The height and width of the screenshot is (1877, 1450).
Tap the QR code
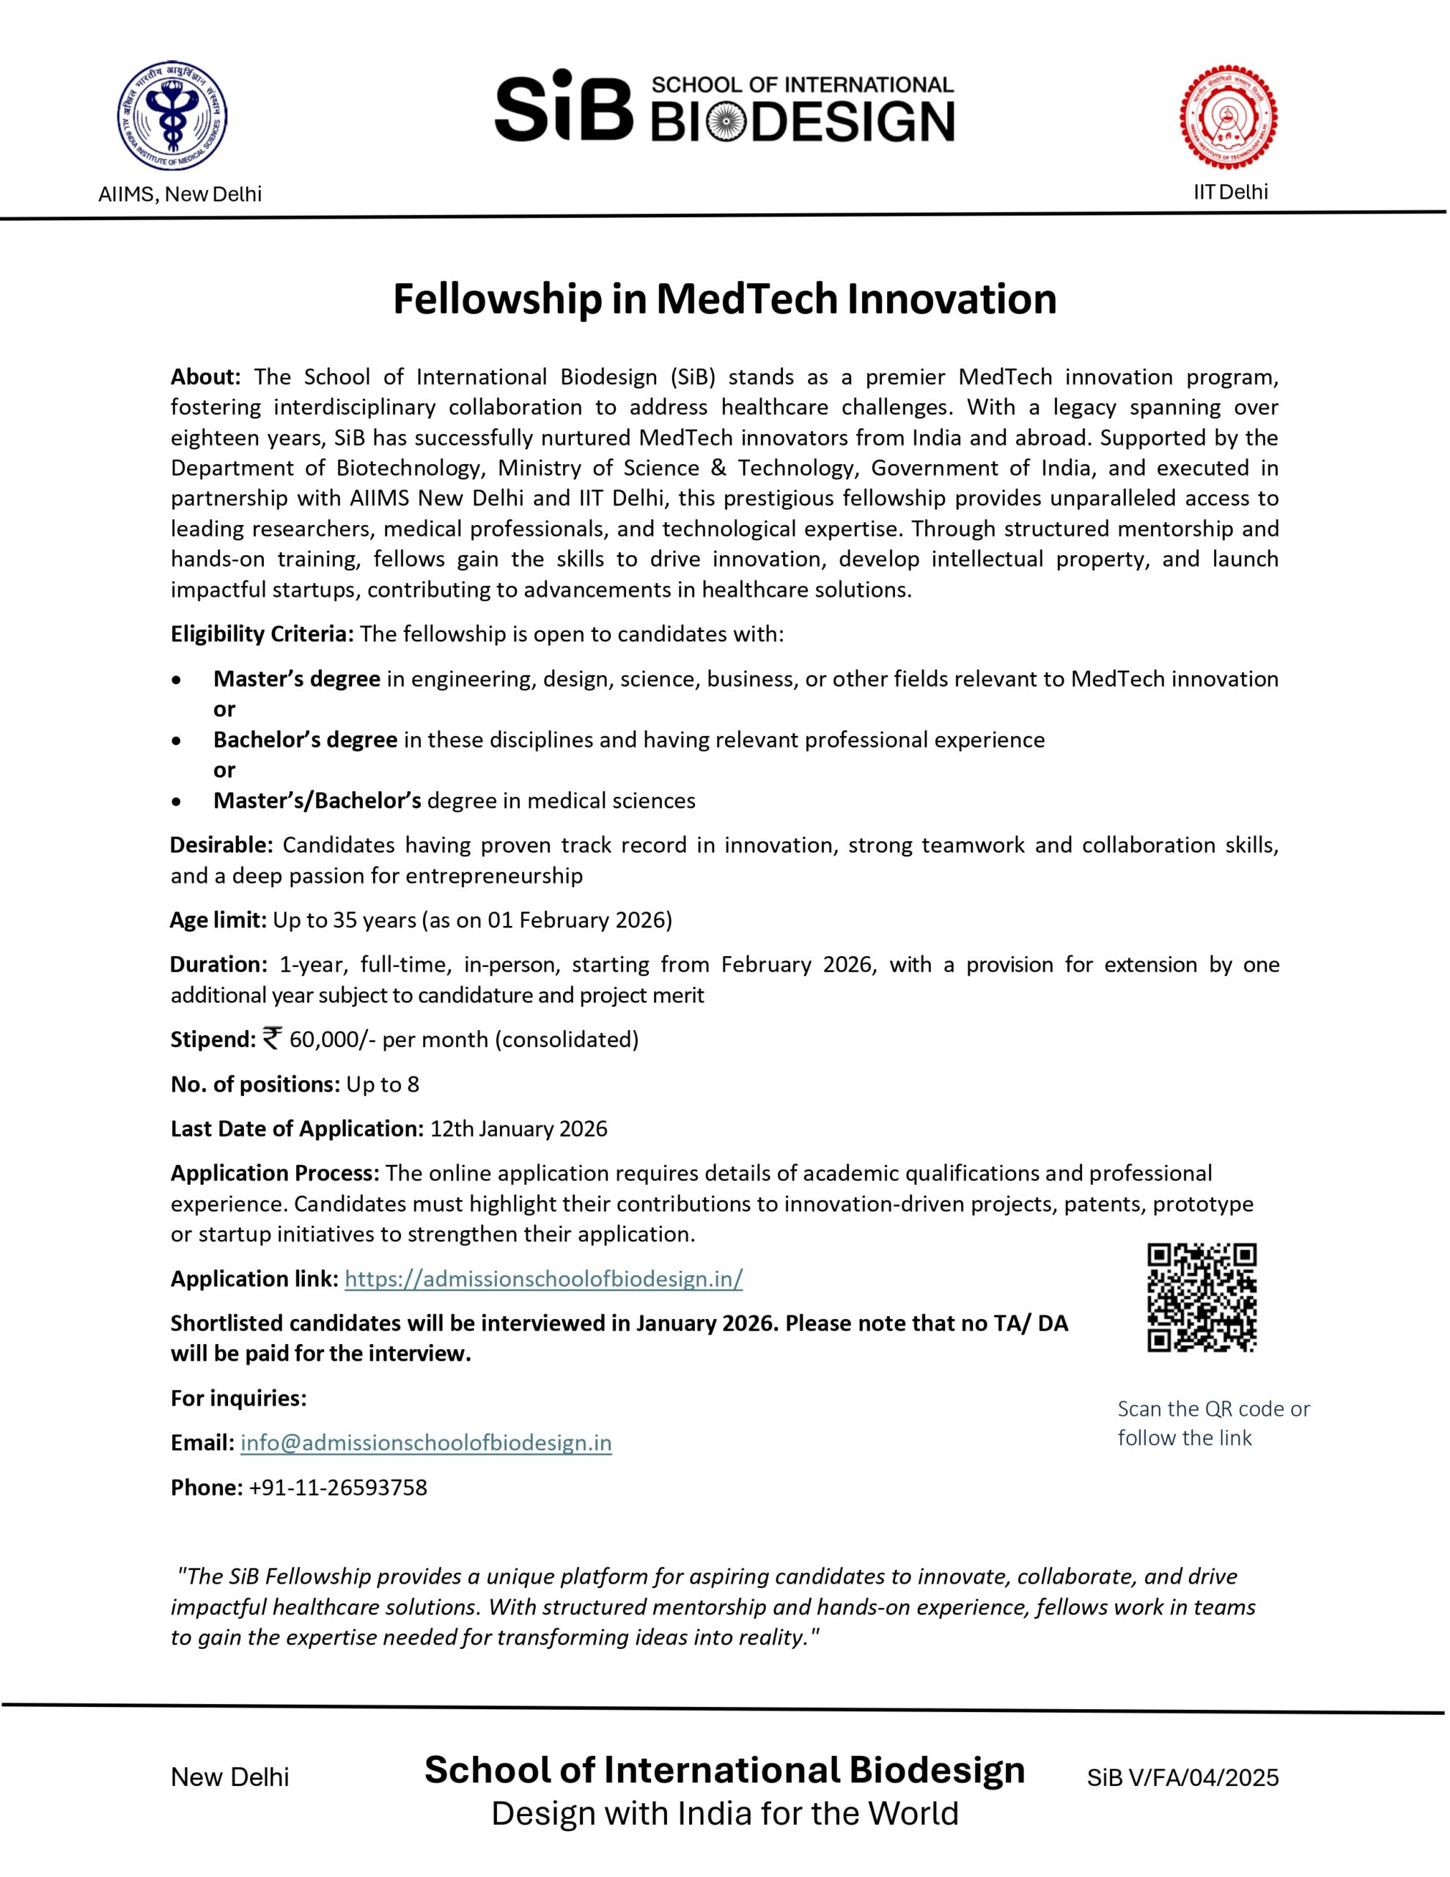click(1201, 1297)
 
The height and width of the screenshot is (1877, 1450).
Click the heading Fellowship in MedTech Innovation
click(724, 299)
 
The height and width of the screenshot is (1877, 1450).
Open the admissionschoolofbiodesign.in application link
click(543, 1279)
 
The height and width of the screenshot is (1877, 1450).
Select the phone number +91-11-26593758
click(338, 1487)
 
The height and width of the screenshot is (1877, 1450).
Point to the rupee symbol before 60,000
click(272, 1038)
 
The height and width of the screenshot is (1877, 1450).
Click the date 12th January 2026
click(518, 1128)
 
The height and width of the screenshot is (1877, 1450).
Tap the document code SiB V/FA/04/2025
click(1182, 1777)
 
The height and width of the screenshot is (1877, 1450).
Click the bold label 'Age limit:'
click(218, 920)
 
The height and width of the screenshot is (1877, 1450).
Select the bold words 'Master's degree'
click(297, 679)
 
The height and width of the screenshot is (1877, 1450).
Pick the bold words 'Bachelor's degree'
click(305, 740)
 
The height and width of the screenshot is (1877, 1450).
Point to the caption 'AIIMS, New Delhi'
click(180, 194)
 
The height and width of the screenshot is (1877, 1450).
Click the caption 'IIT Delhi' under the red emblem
click(1230, 191)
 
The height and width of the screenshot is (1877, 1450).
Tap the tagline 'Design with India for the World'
click(724, 1813)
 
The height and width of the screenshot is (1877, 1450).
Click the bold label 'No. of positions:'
click(255, 1084)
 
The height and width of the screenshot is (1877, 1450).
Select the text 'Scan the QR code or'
click(1212, 1408)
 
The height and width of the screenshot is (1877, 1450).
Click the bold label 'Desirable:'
click(221, 845)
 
